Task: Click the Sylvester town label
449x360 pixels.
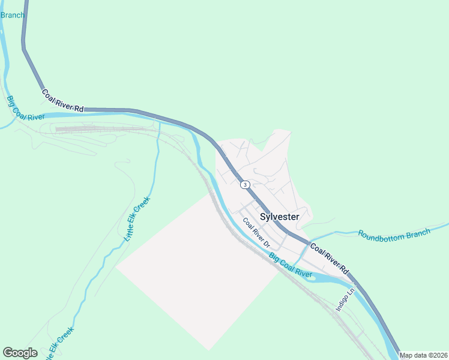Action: tap(280, 217)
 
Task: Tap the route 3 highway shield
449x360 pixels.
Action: tap(245, 184)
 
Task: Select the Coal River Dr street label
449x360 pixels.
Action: tap(258, 233)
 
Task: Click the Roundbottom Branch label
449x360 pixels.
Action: tap(394, 233)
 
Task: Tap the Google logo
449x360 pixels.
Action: tap(20, 353)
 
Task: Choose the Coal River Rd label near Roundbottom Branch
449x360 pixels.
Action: tap(328, 257)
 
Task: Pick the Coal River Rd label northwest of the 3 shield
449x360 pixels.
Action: tap(62, 100)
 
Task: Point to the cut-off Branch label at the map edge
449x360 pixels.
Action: tap(12, 15)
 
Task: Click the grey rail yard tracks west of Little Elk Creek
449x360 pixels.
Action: tap(102, 128)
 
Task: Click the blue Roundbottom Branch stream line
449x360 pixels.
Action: tap(336, 233)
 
